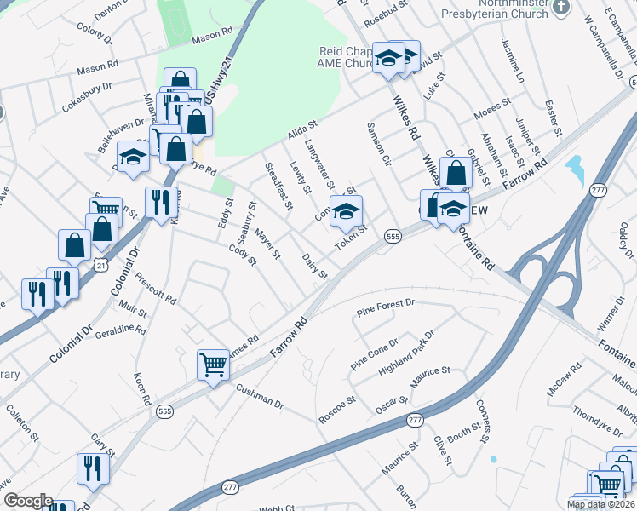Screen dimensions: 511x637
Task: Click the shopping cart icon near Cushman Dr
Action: (213, 365)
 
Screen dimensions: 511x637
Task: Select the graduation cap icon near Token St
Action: (346, 211)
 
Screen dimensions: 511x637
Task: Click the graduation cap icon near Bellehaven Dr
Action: (133, 158)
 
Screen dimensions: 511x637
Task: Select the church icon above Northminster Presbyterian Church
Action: (560, 7)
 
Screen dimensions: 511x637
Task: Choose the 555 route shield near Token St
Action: (393, 235)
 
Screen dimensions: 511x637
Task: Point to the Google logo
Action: (28, 501)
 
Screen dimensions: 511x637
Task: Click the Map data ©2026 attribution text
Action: (601, 504)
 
